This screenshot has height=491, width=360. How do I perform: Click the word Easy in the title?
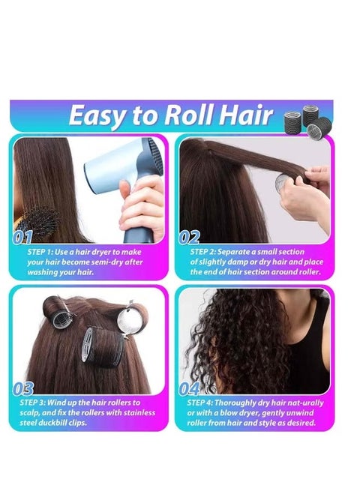pyautogui.click(x=101, y=116)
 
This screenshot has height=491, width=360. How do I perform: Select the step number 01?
pyautogui.click(x=23, y=238)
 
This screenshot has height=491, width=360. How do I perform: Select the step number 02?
pyautogui.click(x=190, y=238)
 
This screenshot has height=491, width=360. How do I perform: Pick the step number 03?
pyautogui.click(x=23, y=388)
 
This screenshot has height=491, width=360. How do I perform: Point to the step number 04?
pyautogui.click(x=190, y=388)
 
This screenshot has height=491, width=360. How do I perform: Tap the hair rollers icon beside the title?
pyautogui.click(x=303, y=120)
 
